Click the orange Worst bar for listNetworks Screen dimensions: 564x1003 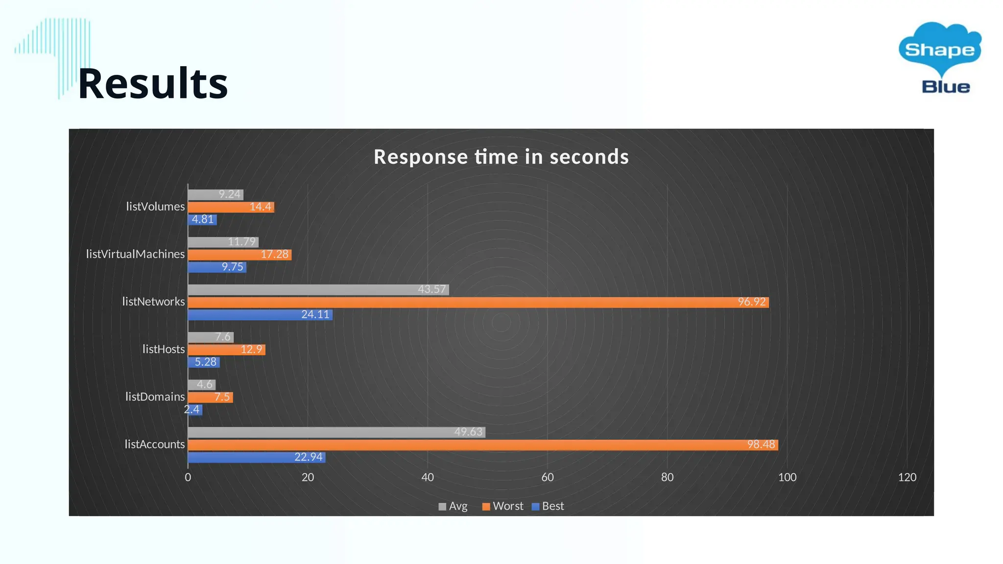tap(478, 302)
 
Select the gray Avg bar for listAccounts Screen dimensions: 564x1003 tap(336, 432)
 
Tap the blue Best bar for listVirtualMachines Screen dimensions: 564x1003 tap(217, 267)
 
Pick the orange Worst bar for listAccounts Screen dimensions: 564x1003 tap(483, 445)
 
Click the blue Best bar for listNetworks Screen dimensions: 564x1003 tap(260, 315)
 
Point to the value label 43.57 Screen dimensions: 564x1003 tap(431, 289)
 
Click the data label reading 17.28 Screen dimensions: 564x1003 tap(274, 255)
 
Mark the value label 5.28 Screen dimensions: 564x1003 tap(205, 362)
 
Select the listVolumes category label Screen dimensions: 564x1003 tap(155, 207)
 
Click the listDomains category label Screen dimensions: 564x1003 tap(155, 397)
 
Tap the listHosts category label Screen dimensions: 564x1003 tap(164, 349)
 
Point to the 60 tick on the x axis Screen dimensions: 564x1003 tap(547, 477)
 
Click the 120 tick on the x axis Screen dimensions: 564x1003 tap(907, 477)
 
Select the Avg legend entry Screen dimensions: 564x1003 tap(453, 506)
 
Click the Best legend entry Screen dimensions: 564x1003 tap(548, 506)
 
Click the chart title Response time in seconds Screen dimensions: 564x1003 tap(501, 157)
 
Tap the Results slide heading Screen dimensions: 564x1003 tap(153, 83)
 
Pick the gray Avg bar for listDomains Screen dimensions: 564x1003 tap(201, 385)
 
